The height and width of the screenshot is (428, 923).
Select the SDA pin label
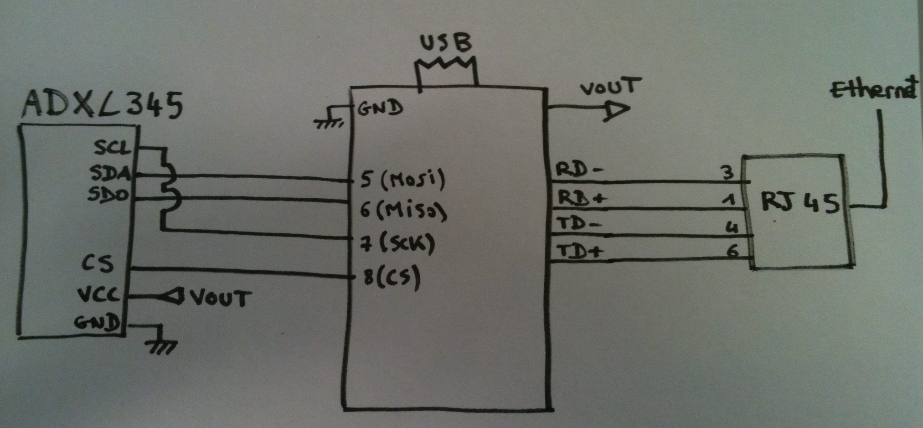pyautogui.click(x=111, y=173)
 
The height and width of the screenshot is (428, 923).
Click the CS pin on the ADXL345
pyautogui.click(x=98, y=264)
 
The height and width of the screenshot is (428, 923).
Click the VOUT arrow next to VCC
pyautogui.click(x=173, y=297)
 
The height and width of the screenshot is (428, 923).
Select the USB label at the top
pyautogui.click(x=446, y=44)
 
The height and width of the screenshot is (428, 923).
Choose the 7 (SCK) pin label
pyautogui.click(x=397, y=244)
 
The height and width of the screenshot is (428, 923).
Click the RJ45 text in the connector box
pyautogui.click(x=800, y=203)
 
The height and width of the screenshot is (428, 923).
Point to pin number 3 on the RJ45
pyautogui.click(x=728, y=173)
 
